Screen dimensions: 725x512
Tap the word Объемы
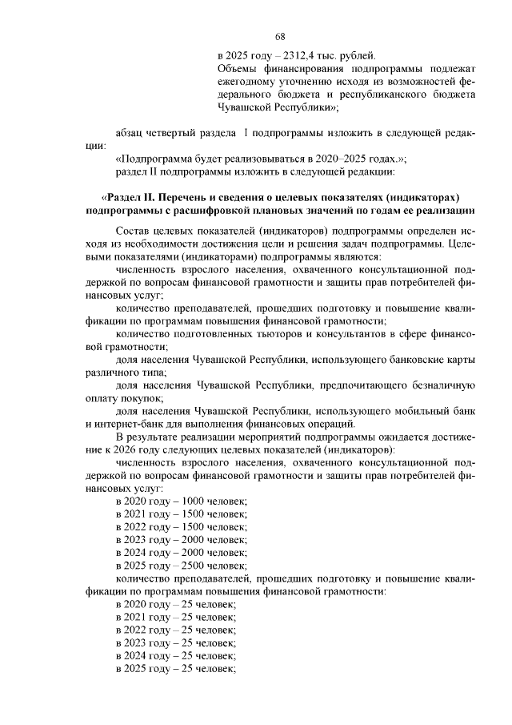(x=238, y=69)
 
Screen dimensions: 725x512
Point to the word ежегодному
(x=249, y=82)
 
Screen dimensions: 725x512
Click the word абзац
(x=131, y=132)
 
